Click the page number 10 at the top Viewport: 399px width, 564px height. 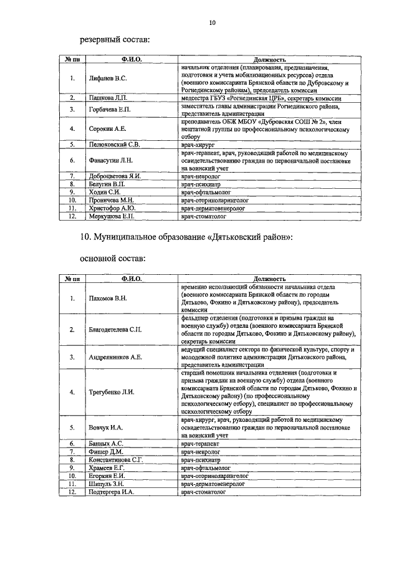click(212, 23)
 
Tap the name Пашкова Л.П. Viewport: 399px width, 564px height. click(108, 98)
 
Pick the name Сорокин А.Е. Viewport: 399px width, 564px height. click(108, 129)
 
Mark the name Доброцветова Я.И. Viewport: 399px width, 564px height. click(115, 176)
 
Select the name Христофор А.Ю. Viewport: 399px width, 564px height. click(112, 209)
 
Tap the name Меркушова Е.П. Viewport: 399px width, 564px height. click(112, 217)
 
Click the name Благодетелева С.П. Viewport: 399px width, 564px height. click(115, 329)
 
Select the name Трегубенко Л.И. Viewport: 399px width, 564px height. click(112, 391)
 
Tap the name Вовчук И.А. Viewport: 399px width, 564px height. click(106, 428)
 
